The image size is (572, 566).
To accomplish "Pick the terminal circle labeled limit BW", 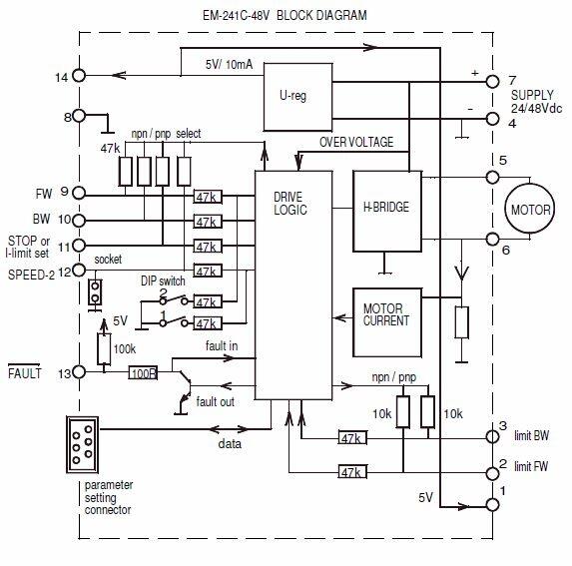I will (491, 436).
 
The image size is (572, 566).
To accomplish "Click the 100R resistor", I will (143, 372).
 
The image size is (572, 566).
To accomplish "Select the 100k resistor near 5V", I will (102, 348).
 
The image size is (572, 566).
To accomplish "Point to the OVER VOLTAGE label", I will (356, 143).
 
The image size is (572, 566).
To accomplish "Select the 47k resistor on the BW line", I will (209, 220).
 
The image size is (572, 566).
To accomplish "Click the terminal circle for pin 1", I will (491, 504).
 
